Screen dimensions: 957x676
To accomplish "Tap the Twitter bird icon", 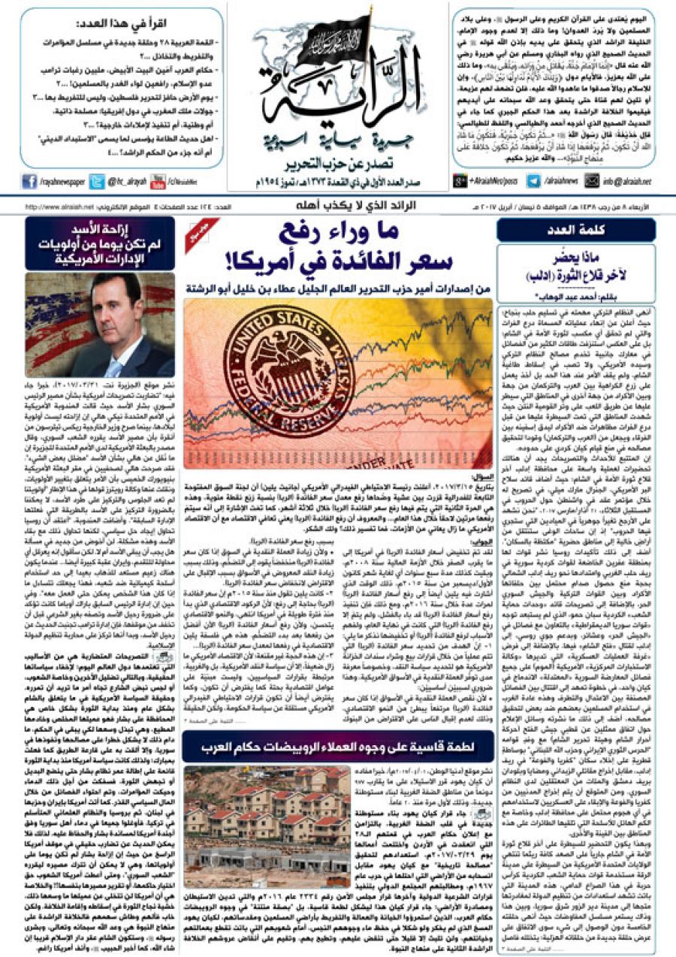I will click(x=96, y=180).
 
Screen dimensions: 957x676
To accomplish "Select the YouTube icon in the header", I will click(x=157, y=180).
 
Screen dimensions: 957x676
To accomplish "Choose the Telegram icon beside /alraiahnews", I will click(x=533, y=180).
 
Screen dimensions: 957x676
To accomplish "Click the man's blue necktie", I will click(x=113, y=367).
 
